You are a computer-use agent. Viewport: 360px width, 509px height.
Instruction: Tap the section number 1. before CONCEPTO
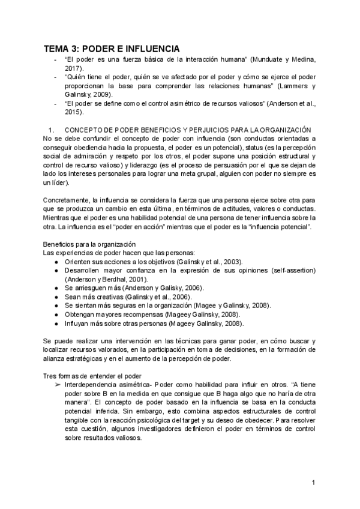point(51,129)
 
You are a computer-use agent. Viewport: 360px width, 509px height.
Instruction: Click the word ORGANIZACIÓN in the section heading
point(284,129)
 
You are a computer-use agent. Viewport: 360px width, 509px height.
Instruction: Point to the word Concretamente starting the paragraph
point(67,200)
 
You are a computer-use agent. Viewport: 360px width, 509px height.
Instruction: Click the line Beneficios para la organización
point(89,244)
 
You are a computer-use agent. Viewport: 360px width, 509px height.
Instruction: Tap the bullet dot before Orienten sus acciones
point(55,262)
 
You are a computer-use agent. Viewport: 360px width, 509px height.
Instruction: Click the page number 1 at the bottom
point(313,483)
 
